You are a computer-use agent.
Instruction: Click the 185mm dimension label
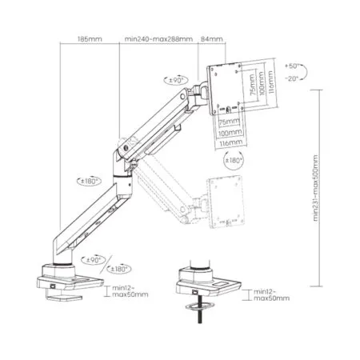pyautogui.click(x=89, y=37)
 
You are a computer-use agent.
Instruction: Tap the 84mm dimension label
pyautogui.click(x=211, y=37)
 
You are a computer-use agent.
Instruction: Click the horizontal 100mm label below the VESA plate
pyautogui.click(x=230, y=131)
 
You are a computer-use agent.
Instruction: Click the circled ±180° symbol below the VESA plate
pyautogui.click(x=234, y=161)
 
